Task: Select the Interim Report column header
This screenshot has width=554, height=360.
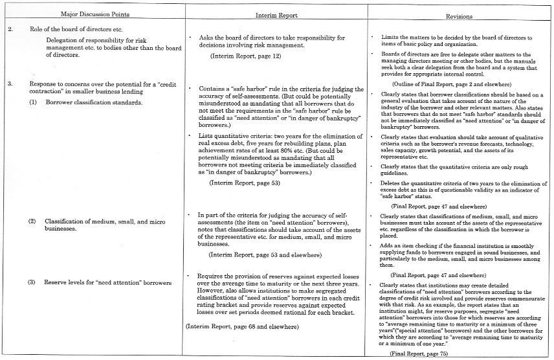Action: click(x=276, y=14)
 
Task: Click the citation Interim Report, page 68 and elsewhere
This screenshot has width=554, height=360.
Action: click(x=242, y=326)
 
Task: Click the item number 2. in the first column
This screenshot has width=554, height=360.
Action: click(x=10, y=30)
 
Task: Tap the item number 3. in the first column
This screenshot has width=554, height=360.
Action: click(x=10, y=84)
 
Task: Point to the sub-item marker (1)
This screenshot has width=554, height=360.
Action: click(x=33, y=102)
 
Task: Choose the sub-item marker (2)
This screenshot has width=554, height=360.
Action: click(x=33, y=221)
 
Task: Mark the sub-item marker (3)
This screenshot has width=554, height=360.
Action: click(x=32, y=283)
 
